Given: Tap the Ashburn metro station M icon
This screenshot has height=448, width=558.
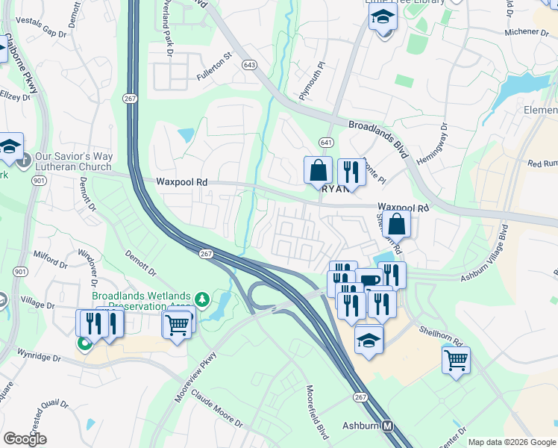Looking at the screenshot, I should pyautogui.click(x=388, y=426).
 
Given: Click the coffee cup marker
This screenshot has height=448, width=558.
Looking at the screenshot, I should pyautogui.click(x=369, y=280).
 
